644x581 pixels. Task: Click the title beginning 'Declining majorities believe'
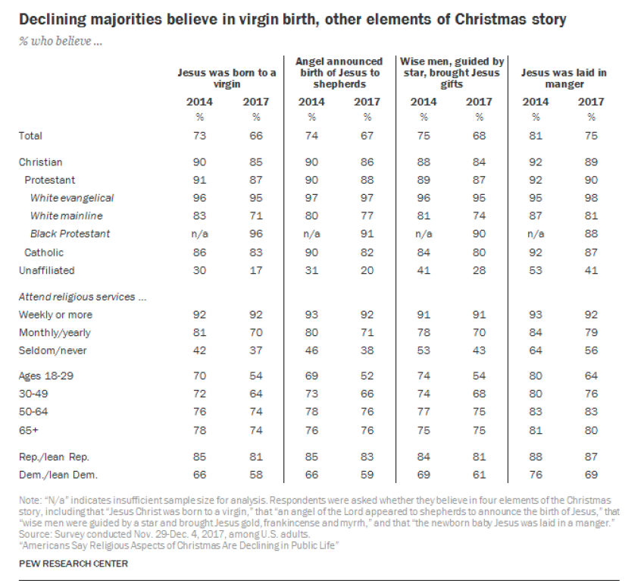[x=292, y=20]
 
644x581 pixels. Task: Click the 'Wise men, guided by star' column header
[x=451, y=72]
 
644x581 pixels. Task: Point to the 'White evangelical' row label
[x=72, y=198]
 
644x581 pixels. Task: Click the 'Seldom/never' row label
[x=48, y=349]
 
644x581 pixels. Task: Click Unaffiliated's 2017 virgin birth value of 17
[x=255, y=270]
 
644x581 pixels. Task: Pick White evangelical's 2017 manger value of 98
[x=592, y=198]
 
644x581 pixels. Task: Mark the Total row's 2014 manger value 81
[x=536, y=136]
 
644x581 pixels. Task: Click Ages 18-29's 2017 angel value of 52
[x=367, y=375]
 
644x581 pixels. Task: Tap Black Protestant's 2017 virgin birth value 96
[x=255, y=234]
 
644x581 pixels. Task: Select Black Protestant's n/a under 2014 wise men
[x=424, y=234]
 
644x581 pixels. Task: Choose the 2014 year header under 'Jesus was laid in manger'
[x=536, y=101]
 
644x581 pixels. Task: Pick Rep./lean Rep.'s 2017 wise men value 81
[x=479, y=457]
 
